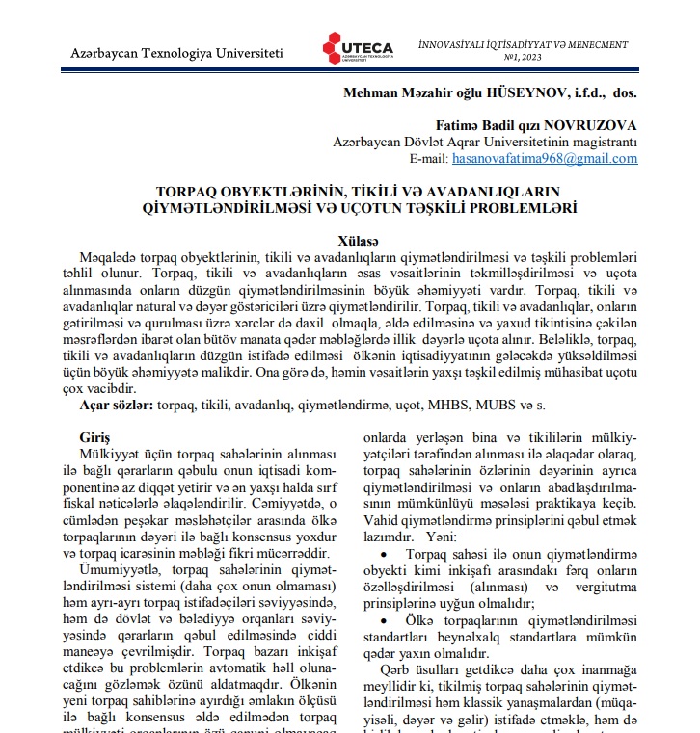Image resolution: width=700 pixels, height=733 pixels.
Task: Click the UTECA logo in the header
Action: [x=358, y=49]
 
